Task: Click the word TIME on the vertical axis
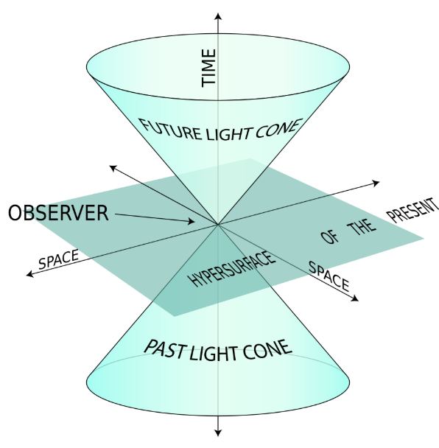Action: tap(208, 68)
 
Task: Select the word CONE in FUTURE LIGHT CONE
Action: tap(278, 128)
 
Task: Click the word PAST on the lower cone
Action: tap(165, 349)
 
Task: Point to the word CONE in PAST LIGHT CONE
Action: tap(267, 350)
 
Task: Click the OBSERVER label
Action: tap(58, 213)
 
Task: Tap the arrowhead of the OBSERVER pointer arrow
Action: tap(192, 221)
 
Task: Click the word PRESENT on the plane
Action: tap(413, 210)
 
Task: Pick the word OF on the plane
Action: tap(329, 237)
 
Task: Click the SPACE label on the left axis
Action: tap(58, 259)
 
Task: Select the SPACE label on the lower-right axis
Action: tap(329, 276)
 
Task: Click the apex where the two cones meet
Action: tap(218, 225)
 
